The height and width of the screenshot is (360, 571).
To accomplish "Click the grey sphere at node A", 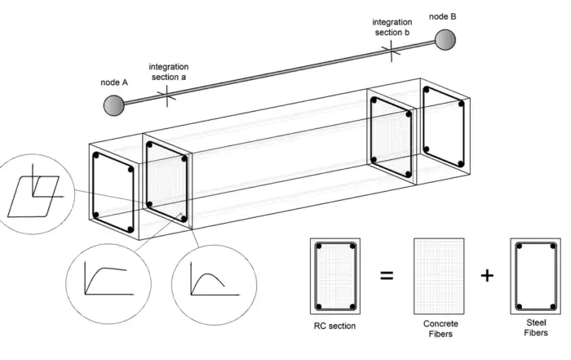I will pos(114,104).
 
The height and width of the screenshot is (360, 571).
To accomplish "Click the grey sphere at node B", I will pos(445,40).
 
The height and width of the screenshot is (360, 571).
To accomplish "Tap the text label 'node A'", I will pos(114,82).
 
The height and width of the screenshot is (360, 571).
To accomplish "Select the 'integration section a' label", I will pos(168,70).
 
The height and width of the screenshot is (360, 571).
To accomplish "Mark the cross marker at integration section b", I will pos(392,51).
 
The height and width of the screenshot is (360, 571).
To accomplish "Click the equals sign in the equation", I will pos(387,275).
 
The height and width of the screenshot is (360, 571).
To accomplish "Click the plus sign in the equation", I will pos(487,275).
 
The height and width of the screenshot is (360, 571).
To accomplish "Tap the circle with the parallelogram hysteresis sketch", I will pos(29,189).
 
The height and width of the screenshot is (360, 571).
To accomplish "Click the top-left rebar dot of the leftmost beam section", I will pos(96,155).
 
